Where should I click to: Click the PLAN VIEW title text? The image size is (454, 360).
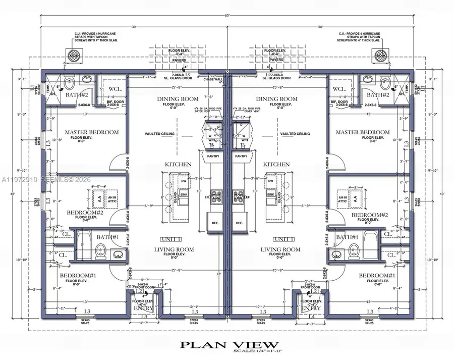(x=226, y=345)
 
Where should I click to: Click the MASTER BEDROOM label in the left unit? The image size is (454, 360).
(x=92, y=132)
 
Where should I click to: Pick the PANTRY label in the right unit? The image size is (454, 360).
(x=242, y=157)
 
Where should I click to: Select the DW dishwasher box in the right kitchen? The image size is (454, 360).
(x=271, y=180)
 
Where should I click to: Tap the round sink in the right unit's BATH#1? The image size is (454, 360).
(x=334, y=255)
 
